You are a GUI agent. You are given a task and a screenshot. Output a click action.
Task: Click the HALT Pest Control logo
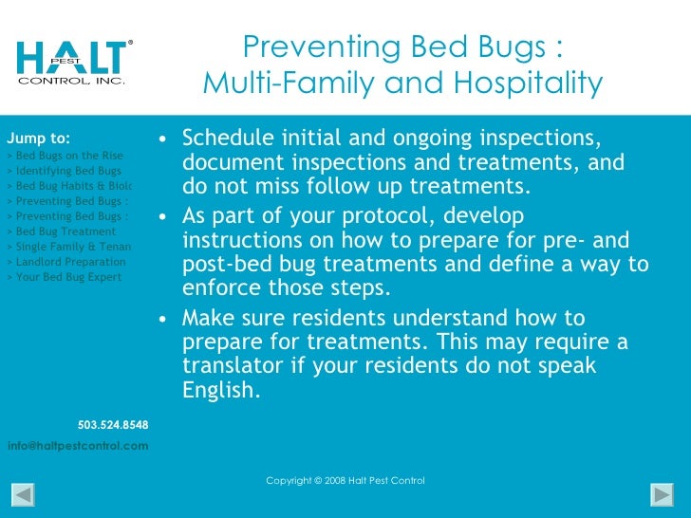coord(71,61)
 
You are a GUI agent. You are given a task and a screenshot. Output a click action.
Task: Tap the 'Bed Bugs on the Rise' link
coord(68,156)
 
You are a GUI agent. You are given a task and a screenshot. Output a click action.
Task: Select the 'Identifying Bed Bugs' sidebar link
coord(67,171)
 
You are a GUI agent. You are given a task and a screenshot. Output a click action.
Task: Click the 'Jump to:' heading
coord(38,138)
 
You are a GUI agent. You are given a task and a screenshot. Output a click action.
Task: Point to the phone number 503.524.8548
coord(112,424)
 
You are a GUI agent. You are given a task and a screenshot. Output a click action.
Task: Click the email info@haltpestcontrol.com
coord(78,445)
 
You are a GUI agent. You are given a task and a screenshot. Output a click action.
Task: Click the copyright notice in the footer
coord(345,481)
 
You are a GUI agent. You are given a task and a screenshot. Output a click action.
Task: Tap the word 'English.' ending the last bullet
coord(220,388)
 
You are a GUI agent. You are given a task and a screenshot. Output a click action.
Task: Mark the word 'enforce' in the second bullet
coord(217,287)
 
